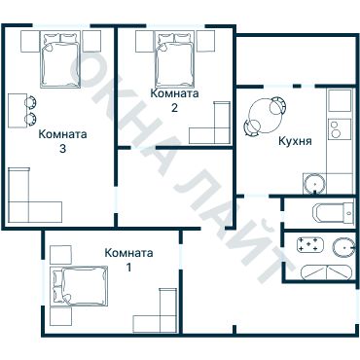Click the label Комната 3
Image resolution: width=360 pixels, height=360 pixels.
point(62,141)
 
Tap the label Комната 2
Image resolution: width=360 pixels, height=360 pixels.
point(174,100)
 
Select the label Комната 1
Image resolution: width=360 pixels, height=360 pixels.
point(128,260)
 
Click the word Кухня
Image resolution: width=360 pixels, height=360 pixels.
point(295,141)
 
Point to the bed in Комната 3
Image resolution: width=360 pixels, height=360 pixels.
point(60,59)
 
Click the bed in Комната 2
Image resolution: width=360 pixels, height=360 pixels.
point(175,59)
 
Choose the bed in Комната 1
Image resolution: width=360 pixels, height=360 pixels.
point(80,286)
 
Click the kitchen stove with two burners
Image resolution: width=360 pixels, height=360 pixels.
point(340,129)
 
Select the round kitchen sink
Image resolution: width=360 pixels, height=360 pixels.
point(314,185)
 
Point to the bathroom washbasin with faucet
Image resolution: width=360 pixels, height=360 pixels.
point(343,248)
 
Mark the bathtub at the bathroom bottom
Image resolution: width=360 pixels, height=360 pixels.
point(326,272)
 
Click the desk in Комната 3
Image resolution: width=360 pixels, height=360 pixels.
point(18,111)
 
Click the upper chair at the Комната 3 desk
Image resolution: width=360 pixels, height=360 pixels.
point(31,102)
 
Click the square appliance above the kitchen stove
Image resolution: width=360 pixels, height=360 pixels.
point(340,100)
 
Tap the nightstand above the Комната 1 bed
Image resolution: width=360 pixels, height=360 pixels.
point(60,255)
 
